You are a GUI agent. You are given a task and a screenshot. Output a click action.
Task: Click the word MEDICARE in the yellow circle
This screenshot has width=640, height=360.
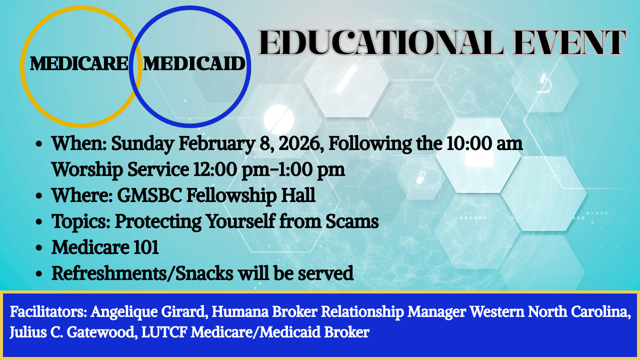[79, 64]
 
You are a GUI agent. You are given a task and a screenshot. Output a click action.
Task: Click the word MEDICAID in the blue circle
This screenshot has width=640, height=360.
[194, 64]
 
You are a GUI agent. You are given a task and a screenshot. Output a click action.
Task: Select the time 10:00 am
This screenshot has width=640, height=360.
[482, 144]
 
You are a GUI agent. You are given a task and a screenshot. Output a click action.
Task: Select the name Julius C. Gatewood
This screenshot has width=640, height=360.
[71, 332]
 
